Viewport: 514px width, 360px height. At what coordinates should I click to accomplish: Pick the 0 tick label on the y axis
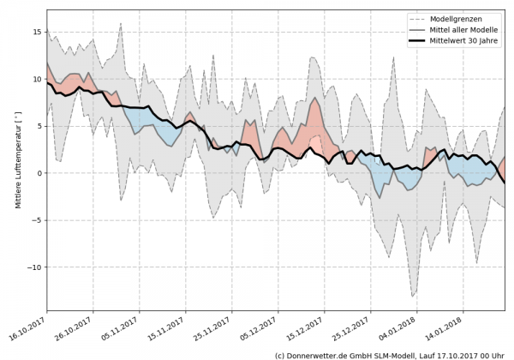tap(38, 173)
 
